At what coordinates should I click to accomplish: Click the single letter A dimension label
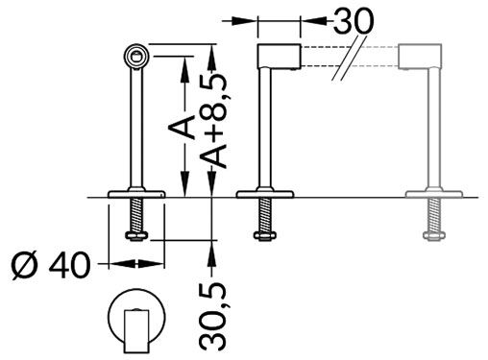[x=188, y=125]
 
